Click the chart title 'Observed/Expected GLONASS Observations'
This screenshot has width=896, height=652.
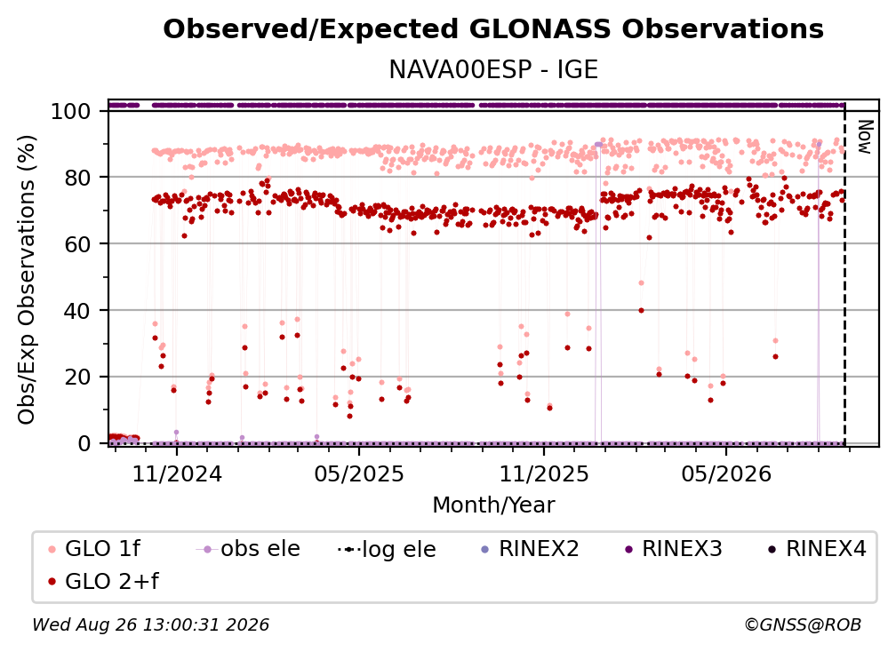[493, 29]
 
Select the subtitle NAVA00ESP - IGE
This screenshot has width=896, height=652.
[493, 70]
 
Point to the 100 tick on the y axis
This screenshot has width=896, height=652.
[71, 111]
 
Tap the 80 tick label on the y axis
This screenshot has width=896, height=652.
[77, 178]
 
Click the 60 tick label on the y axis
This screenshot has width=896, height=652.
[77, 243]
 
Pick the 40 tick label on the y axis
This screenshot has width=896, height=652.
[77, 311]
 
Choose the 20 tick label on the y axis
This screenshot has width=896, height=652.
[77, 377]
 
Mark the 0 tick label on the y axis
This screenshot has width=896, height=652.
[84, 443]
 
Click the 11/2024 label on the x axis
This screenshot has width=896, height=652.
[177, 473]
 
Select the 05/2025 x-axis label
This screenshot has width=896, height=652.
[359, 473]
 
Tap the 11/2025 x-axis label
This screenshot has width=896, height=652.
[544, 473]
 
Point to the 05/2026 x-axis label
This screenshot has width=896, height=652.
[726, 473]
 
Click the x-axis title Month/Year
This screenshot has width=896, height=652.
[493, 505]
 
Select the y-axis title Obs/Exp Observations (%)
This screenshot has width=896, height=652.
[27, 279]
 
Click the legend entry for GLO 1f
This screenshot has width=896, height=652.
[95, 549]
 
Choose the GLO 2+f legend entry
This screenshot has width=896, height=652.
[103, 581]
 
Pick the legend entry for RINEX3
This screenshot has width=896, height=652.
[674, 549]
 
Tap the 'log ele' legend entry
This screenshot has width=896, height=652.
[387, 549]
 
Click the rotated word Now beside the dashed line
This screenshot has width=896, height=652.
[865, 137]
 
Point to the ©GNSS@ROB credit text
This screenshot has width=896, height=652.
[803, 624]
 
